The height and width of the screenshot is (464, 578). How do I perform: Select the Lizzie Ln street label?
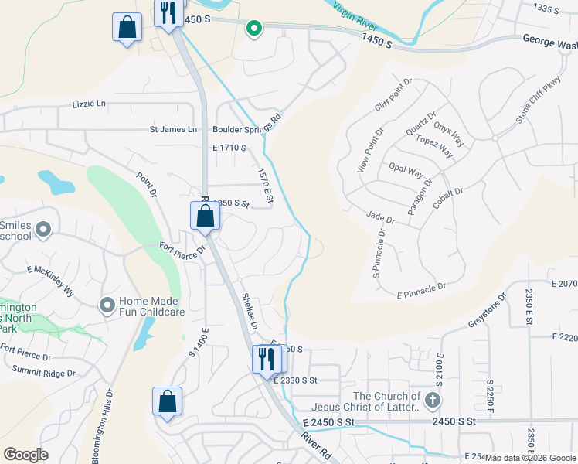click(89, 104)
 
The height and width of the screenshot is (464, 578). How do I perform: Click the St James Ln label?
click(173, 129)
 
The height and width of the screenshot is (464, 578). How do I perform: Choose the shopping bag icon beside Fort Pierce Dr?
click(205, 217)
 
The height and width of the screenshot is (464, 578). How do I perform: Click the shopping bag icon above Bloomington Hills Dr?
click(167, 402)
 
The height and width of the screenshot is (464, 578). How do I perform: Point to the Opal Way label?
click(406, 170)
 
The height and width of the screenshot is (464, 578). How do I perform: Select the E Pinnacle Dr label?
click(422, 291)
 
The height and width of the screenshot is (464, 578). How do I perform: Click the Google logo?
click(26, 455)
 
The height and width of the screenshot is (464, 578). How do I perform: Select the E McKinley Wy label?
click(51, 281)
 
